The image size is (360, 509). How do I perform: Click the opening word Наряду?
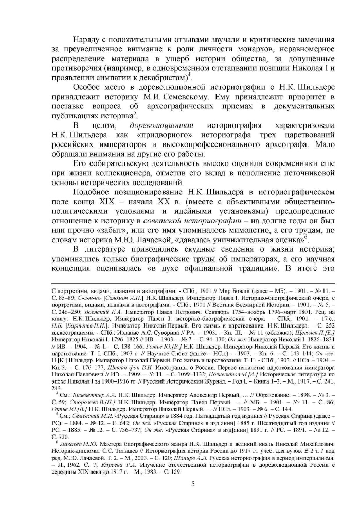click(x=88, y=40)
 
